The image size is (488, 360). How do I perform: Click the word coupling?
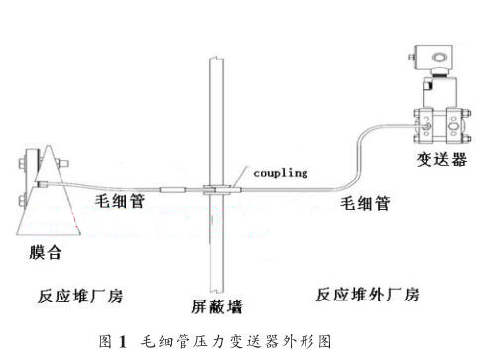tap(281, 173)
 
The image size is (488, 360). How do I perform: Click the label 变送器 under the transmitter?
tap(441, 159)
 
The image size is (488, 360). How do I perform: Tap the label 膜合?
tap(46, 252)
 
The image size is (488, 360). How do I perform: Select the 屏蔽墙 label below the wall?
tap(217, 306)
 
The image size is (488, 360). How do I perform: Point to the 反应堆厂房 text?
tap(80, 296)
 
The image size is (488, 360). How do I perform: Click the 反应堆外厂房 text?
tap(368, 295)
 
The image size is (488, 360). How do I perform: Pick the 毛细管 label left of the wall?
tap(120, 200)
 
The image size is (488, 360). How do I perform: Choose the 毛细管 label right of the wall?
tap(365, 203)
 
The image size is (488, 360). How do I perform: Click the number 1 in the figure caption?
tap(123, 342)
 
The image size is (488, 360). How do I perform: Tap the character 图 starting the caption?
tap(105, 341)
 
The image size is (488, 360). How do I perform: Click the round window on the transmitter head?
tap(439, 58)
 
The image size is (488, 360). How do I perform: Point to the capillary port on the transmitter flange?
tap(427, 126)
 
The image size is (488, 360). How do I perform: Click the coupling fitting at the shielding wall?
tap(217, 190)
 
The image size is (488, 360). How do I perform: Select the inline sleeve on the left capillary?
tap(174, 190)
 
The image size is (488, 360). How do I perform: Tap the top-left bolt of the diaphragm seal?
tap(22, 163)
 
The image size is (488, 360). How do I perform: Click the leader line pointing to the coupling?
tap(238, 178)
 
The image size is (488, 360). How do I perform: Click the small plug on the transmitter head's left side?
tap(412, 57)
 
